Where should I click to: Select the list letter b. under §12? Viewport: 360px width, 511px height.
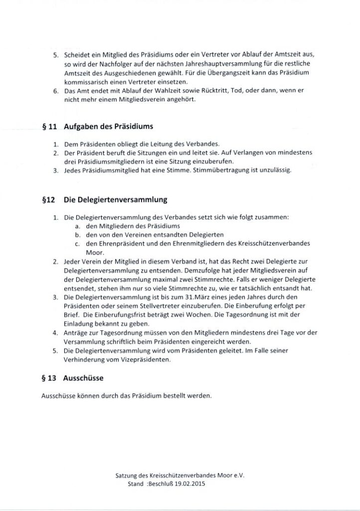(x=78, y=235)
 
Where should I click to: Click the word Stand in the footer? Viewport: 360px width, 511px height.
(x=129, y=485)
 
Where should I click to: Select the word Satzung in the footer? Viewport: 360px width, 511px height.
(x=126, y=476)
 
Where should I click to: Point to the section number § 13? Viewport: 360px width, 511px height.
(x=49, y=378)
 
